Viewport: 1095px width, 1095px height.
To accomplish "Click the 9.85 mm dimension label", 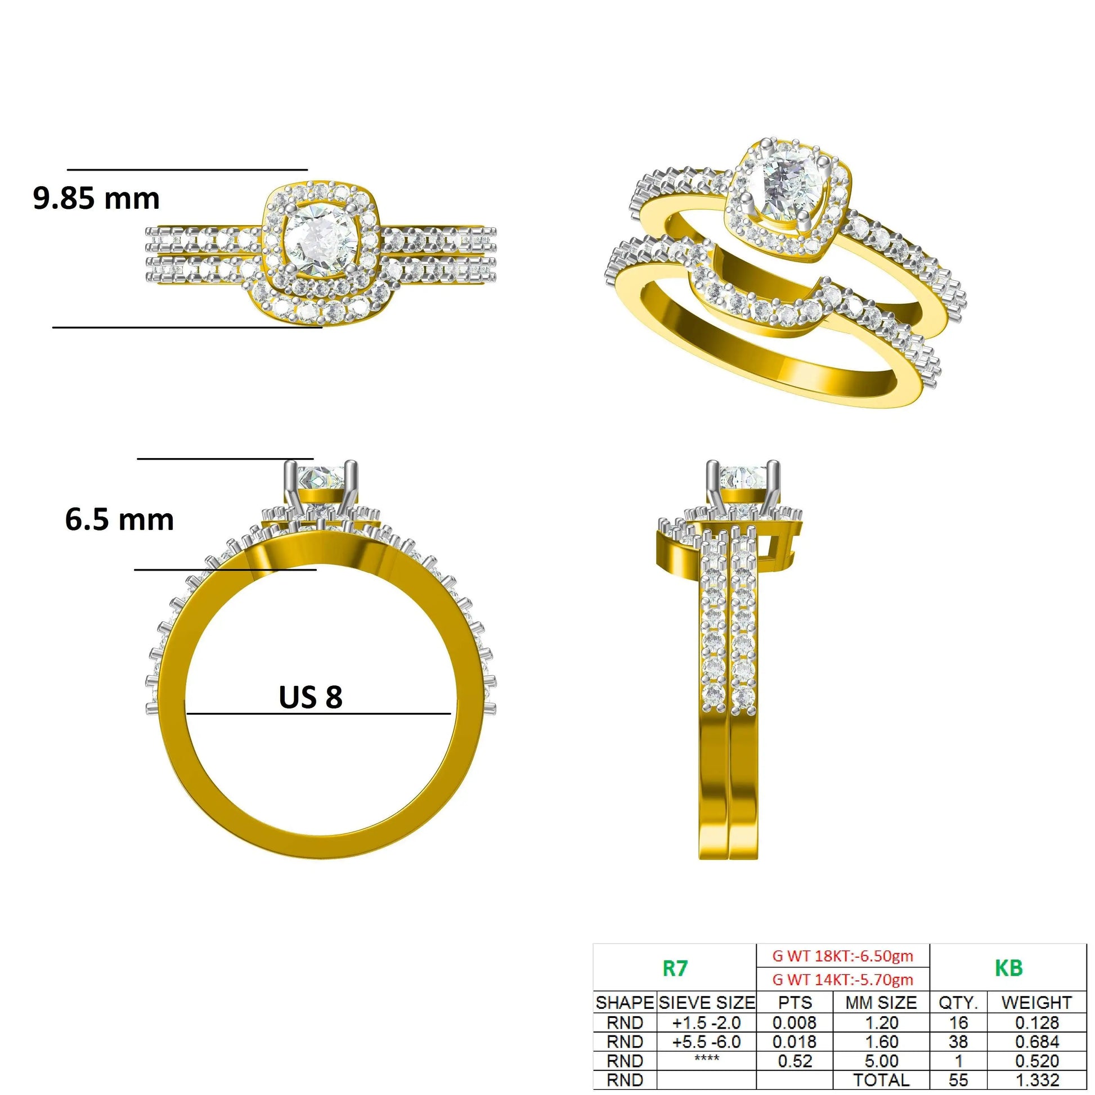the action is pyautogui.click(x=96, y=199).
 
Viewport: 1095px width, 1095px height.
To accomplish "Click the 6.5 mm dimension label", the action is pyautogui.click(x=120, y=520).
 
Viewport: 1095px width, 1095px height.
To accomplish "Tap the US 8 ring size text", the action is pyautogui.click(x=311, y=697).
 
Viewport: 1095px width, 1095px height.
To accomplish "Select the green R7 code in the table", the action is pyautogui.click(x=675, y=968).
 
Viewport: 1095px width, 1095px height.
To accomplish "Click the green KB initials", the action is pyautogui.click(x=1008, y=968).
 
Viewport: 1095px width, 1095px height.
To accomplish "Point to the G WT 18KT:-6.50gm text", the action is pyautogui.click(x=843, y=956).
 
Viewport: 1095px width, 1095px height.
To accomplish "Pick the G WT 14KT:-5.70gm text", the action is pyautogui.click(x=843, y=980).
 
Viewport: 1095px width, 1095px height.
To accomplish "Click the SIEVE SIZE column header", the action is pyautogui.click(x=707, y=1003).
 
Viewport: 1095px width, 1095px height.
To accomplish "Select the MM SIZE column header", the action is pyautogui.click(x=881, y=1003).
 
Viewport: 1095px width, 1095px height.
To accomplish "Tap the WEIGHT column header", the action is pyautogui.click(x=1036, y=1003).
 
